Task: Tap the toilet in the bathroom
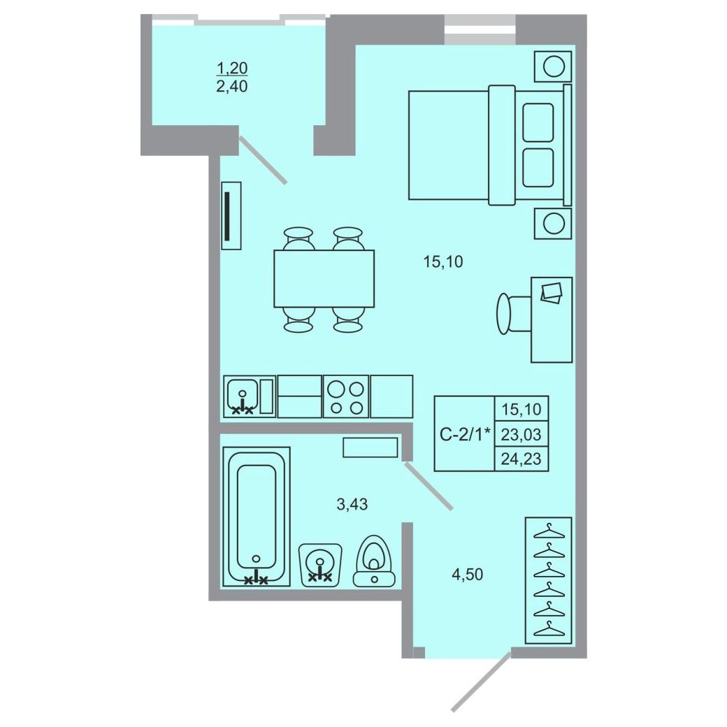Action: (x=375, y=561)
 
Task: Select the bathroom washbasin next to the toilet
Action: (x=320, y=565)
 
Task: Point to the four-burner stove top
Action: (x=346, y=396)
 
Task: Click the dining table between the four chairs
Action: (x=324, y=278)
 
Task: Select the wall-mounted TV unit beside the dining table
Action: (x=231, y=215)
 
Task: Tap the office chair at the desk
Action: (x=514, y=313)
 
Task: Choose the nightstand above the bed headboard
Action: (x=553, y=67)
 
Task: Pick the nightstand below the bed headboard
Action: (x=553, y=224)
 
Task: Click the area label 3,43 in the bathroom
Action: (x=352, y=504)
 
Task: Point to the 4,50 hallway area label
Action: (x=468, y=575)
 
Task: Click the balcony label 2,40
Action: (x=232, y=86)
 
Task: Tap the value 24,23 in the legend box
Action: (x=521, y=459)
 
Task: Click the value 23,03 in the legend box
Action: (x=521, y=434)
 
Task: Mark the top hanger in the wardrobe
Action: (x=550, y=531)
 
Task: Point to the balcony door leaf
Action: (x=263, y=159)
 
